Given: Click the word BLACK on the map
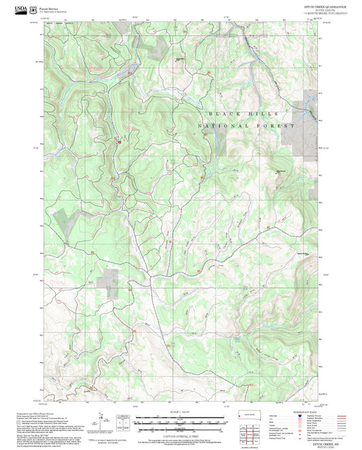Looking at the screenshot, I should [224, 114].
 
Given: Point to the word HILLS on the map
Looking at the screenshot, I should [259, 114].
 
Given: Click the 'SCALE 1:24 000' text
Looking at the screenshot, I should [180, 411].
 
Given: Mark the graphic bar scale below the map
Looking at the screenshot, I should [180, 418].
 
